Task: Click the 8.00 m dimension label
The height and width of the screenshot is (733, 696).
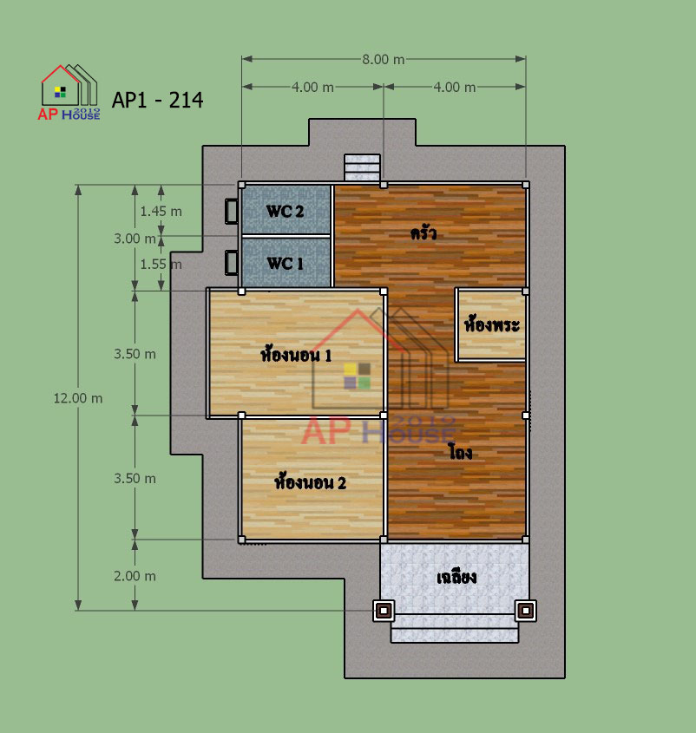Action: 383,60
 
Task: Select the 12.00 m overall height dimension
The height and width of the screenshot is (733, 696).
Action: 77,398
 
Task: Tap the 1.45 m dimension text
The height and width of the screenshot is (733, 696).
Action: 161,212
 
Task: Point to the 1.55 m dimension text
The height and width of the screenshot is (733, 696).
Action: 161,265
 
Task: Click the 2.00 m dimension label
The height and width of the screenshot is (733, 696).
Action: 135,576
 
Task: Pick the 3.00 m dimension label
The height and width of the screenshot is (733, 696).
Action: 135,239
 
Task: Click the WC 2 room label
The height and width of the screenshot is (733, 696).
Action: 285,212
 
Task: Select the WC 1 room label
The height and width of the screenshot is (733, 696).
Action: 285,263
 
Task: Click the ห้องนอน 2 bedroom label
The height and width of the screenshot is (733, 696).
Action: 310,481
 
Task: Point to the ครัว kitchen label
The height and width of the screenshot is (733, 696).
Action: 424,232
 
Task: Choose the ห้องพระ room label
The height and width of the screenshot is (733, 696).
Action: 491,324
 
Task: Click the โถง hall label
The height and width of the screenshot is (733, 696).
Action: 460,452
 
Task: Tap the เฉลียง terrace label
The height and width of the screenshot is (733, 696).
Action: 456,578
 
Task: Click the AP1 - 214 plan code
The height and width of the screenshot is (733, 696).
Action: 158,100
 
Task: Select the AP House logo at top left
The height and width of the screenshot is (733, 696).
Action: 69,93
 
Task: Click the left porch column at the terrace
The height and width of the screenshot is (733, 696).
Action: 384,611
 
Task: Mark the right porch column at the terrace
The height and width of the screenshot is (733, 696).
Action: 526,611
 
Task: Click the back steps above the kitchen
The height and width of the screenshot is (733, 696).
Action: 362,167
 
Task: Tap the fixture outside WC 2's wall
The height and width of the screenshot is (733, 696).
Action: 232,212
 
